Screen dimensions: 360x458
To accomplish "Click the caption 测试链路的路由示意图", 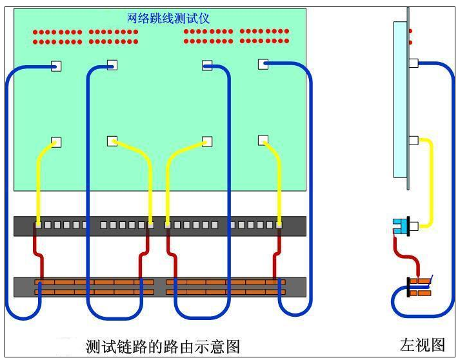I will tap(163, 346).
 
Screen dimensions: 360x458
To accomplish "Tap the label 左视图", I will tap(422, 344).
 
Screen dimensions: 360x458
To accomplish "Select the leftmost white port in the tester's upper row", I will tap(56, 66).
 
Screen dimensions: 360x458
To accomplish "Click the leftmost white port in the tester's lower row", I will tap(56, 142).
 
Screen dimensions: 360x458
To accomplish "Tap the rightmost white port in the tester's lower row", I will tap(263, 139).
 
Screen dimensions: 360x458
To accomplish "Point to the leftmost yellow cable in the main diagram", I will tap(39, 181).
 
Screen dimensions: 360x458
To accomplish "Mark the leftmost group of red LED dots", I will tap(58, 37).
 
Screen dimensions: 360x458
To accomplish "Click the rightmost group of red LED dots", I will tap(264, 36).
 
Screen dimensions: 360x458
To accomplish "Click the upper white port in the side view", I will tap(413, 63).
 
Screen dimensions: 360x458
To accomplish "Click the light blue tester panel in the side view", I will tap(400, 97).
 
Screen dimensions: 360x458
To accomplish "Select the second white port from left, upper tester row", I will tap(112, 65).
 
